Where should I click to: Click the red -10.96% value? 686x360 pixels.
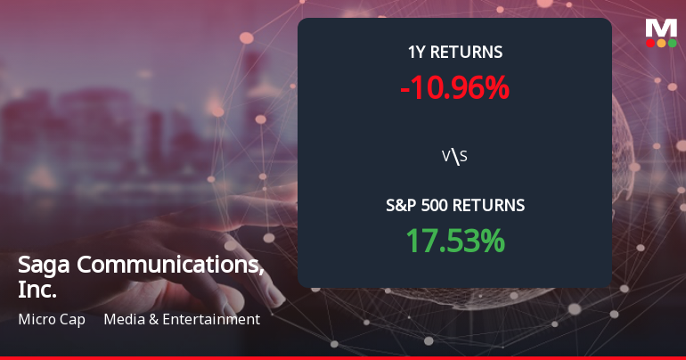click(454, 87)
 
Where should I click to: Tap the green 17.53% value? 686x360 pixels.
click(455, 240)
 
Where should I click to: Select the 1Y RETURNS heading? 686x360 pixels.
click(454, 53)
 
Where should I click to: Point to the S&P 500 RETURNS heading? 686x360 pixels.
click(454, 206)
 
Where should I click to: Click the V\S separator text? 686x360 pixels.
click(454, 157)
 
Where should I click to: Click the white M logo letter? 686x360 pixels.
click(661, 27)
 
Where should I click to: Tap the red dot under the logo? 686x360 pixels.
click(651, 43)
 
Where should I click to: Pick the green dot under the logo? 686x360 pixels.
click(672, 43)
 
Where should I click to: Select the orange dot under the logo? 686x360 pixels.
click(662, 43)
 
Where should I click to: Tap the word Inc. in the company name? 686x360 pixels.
click(37, 290)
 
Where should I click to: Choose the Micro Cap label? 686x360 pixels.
click(51, 319)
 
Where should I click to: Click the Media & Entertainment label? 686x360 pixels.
click(182, 319)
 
